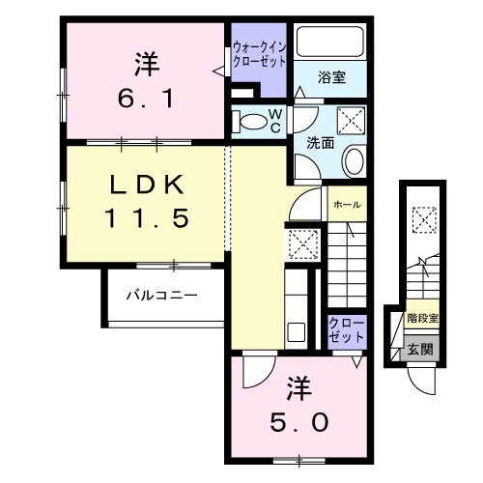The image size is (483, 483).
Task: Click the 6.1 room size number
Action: coord(146,99)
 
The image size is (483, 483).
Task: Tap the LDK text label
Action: coord(146,185)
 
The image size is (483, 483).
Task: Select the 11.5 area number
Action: coord(146,217)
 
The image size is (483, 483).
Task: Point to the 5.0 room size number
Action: coord(298,422)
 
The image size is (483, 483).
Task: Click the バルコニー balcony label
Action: coord(161,295)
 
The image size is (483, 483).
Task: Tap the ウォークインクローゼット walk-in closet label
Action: coord(259,54)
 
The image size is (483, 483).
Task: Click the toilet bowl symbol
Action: coord(253,122)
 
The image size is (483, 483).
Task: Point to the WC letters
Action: coord(275,122)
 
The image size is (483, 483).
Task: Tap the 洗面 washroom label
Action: coord(320,142)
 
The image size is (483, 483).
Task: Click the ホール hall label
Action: coord(346,205)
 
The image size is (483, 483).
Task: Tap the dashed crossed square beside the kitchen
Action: coord(304,245)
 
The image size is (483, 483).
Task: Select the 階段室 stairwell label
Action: coord(422,317)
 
